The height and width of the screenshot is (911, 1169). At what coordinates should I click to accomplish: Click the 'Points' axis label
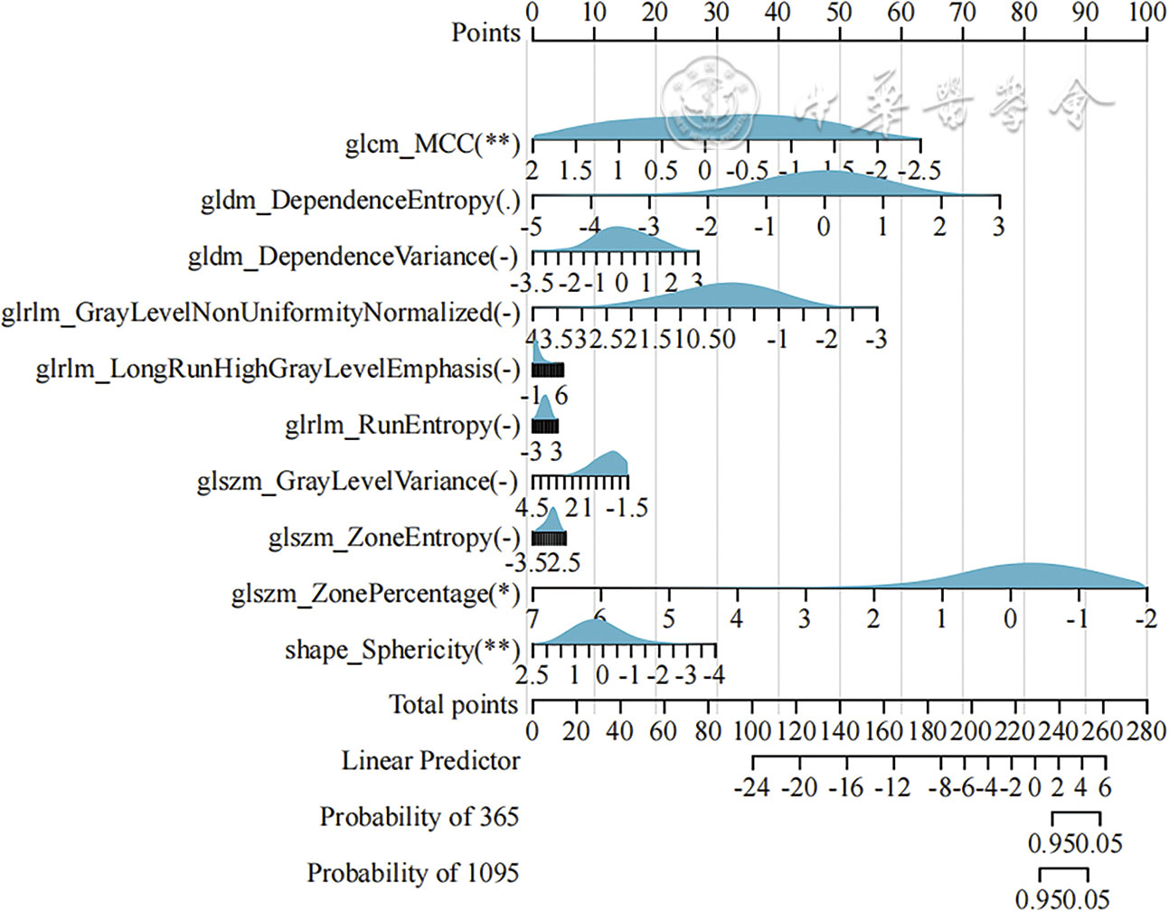486,33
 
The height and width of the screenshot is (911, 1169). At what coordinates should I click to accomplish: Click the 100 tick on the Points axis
1146,13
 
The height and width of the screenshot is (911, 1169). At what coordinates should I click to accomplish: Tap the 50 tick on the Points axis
839,13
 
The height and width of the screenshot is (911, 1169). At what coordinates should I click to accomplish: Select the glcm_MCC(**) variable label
432,144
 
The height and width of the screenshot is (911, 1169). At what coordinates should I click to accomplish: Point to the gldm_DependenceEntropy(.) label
360,200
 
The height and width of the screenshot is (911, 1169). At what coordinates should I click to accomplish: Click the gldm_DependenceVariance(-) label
354,257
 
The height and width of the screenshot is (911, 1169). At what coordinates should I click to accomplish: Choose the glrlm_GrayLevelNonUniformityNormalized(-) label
261,313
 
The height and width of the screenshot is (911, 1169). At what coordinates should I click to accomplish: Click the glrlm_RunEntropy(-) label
402,425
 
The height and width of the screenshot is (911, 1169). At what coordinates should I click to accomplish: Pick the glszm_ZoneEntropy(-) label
394,538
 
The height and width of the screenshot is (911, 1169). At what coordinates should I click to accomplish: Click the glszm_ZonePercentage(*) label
375,594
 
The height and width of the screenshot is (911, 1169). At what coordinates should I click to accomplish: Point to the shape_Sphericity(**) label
402,650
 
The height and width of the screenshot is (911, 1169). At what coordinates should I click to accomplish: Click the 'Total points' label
453,705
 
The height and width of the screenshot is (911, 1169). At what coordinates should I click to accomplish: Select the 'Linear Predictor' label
430,761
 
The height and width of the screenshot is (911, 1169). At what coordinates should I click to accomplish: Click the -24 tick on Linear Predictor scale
752,788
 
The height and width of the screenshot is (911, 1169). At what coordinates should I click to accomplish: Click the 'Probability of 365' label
419,817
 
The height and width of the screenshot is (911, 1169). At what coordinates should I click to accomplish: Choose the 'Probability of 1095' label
412,873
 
